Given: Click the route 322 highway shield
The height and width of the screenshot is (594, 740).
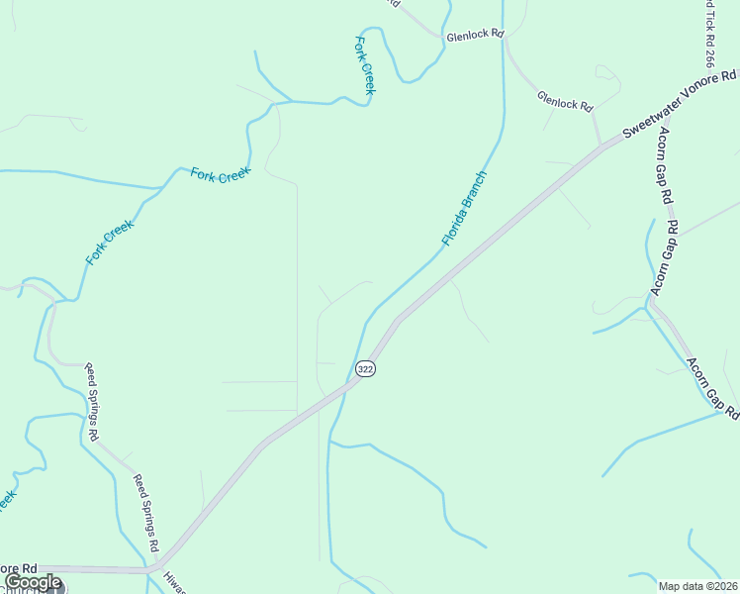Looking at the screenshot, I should pyautogui.click(x=365, y=368).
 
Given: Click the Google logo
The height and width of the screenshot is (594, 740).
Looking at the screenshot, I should pyautogui.click(x=33, y=582).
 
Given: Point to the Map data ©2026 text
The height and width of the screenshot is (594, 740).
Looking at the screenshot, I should pyautogui.click(x=698, y=586).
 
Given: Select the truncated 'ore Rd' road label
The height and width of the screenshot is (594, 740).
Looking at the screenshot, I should pyautogui.click(x=19, y=568).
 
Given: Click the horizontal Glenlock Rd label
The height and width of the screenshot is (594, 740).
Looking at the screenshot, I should pyautogui.click(x=475, y=35).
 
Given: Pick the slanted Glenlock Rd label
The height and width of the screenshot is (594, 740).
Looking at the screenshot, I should pyautogui.click(x=564, y=100).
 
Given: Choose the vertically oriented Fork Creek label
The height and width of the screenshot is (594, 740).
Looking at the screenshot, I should pyautogui.click(x=364, y=65).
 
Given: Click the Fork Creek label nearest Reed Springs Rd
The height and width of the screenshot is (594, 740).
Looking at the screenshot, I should pyautogui.click(x=109, y=243).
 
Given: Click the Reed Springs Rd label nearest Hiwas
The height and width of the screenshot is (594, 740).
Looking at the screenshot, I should pyautogui.click(x=145, y=513).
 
